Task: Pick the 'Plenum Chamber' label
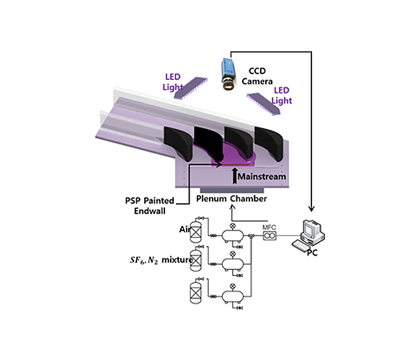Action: tap(230, 198)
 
